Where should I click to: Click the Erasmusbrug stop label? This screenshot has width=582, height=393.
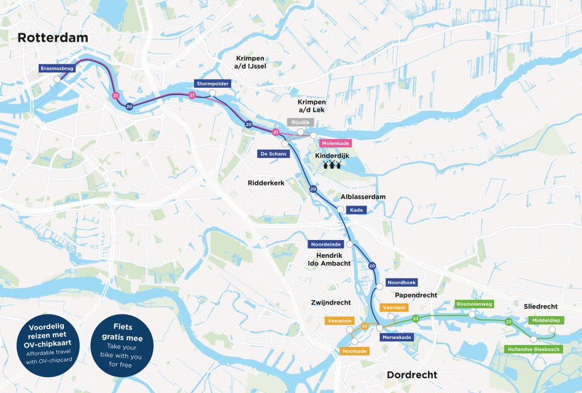[57, 69]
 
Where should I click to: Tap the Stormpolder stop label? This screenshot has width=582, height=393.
[212, 84]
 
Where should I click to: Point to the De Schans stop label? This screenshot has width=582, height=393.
[273, 154]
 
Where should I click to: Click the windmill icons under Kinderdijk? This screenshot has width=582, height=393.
[332, 165]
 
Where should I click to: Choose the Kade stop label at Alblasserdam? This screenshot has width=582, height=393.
[355, 210]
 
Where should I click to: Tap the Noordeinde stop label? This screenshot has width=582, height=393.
[325, 244]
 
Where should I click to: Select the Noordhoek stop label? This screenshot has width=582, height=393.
[402, 282]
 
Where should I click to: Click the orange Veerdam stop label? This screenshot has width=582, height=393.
[394, 307]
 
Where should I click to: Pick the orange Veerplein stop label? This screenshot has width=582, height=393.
[340, 321]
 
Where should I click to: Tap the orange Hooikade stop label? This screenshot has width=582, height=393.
[354, 351]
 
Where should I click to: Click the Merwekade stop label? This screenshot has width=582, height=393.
[397, 337]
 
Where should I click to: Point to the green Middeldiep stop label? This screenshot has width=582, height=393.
[545, 320]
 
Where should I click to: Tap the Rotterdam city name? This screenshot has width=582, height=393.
[53, 37]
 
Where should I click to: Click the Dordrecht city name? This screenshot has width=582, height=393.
[412, 375]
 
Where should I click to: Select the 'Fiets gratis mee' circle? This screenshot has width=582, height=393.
[121, 345]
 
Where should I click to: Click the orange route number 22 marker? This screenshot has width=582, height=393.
[365, 326]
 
